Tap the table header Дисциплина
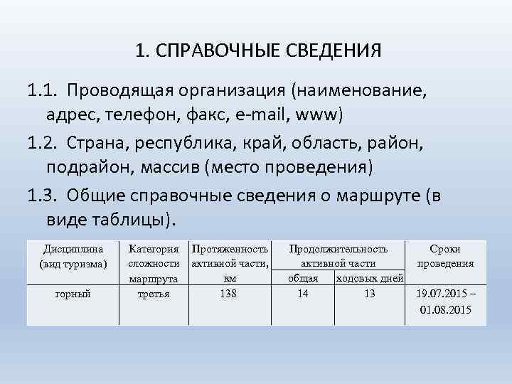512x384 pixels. coord(74,250)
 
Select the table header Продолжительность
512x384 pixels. coord(338,250)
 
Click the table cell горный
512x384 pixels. coord(74,294)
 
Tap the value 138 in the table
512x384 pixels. coord(228,294)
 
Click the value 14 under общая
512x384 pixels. coord(303,294)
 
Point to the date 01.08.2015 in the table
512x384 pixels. coord(445,310)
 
